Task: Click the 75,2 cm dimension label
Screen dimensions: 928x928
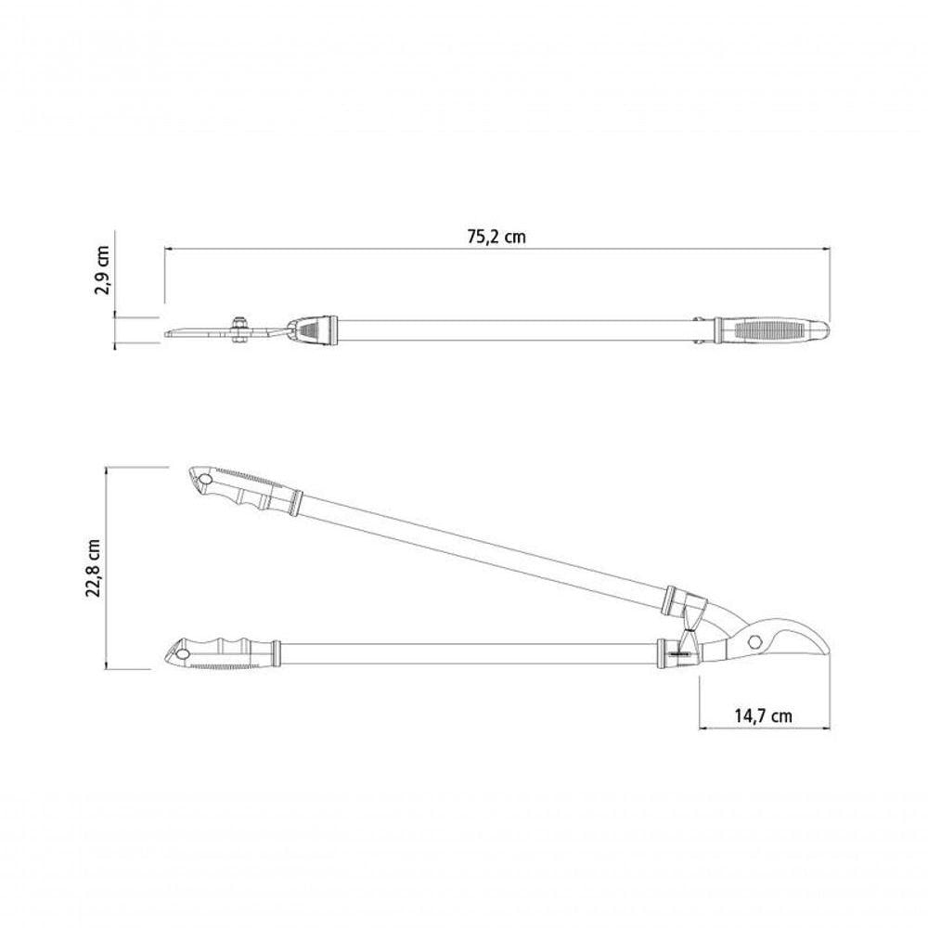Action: pyautogui.click(x=496, y=237)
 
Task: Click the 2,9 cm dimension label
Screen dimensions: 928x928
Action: pyautogui.click(x=102, y=270)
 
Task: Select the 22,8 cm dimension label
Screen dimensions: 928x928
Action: pyautogui.click(x=94, y=569)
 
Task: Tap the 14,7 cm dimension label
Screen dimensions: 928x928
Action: pyautogui.click(x=763, y=715)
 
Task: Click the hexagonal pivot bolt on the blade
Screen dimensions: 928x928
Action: pyautogui.click(x=754, y=641)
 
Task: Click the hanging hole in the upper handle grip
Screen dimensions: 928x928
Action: pyautogui.click(x=205, y=480)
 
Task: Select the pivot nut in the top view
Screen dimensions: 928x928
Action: pyautogui.click(x=239, y=329)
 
